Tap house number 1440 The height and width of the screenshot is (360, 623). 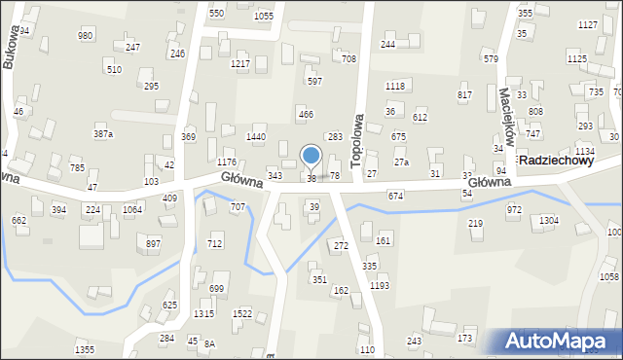click(x=256, y=137)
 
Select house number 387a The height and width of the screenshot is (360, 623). click(x=102, y=133)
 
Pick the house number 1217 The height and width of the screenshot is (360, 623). click(x=240, y=63)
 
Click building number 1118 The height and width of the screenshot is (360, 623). click(x=394, y=87)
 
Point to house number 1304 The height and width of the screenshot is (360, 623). click(x=549, y=221)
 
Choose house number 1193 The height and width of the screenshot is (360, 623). click(x=380, y=285)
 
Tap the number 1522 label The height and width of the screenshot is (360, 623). click(x=242, y=313)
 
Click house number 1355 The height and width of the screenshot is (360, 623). click(x=85, y=349)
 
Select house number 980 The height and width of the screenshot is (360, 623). click(x=86, y=35)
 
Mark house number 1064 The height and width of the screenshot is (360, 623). click(x=132, y=209)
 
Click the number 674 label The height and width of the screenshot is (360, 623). click(x=395, y=196)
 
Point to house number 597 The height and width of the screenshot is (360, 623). click(x=314, y=81)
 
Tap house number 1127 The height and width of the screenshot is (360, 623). click(x=587, y=24)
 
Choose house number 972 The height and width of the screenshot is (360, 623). click(x=514, y=209)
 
